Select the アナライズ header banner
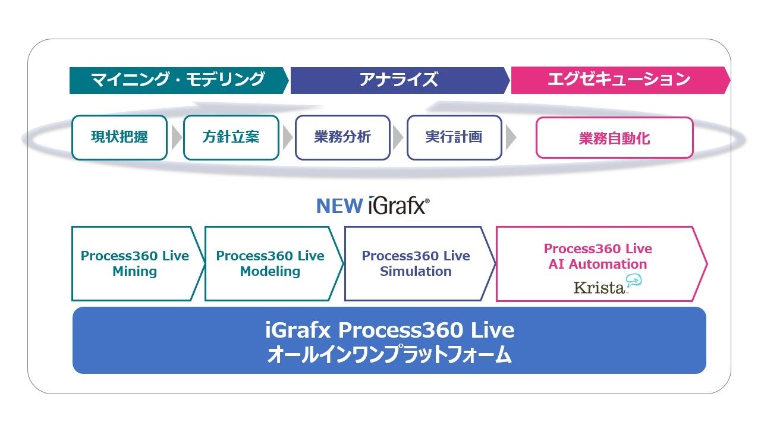(398, 80)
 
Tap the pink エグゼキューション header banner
(618, 80)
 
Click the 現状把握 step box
(120, 137)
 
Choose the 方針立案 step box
(231, 137)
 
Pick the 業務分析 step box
(342, 137)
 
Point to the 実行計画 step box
(454, 137)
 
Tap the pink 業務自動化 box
(614, 138)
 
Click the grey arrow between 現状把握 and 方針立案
(176, 138)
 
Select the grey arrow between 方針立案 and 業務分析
(288, 138)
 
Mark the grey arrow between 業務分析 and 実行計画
(399, 138)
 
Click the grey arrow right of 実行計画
(511, 138)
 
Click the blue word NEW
(339, 206)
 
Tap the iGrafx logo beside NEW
(398, 206)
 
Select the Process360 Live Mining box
(135, 263)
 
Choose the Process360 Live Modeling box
(271, 263)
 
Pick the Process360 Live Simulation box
(416, 263)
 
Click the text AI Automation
(598, 265)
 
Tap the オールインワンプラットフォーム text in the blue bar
(389, 355)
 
